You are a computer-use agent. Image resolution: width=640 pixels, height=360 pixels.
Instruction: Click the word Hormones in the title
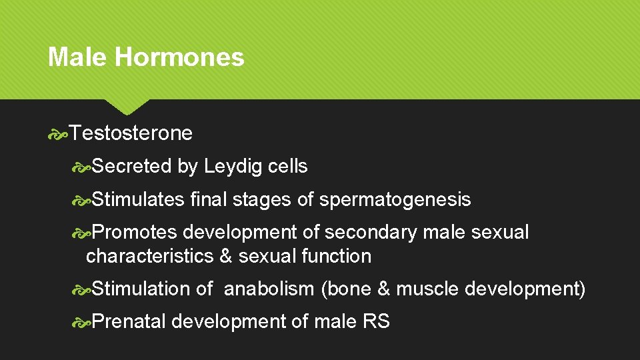point(179,57)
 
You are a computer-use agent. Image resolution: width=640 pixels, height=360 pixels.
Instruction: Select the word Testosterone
point(131,133)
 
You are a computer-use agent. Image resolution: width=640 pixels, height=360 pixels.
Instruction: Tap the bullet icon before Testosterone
point(57,134)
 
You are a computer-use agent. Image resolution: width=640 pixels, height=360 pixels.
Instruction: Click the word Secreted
point(132,167)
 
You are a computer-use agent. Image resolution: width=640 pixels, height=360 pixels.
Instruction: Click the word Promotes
point(134,232)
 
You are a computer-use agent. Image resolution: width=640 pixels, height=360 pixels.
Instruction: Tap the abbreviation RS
point(376,321)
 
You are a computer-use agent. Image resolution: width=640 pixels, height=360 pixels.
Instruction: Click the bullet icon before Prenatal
point(81,322)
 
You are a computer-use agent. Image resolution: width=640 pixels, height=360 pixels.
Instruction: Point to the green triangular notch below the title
point(127,106)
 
